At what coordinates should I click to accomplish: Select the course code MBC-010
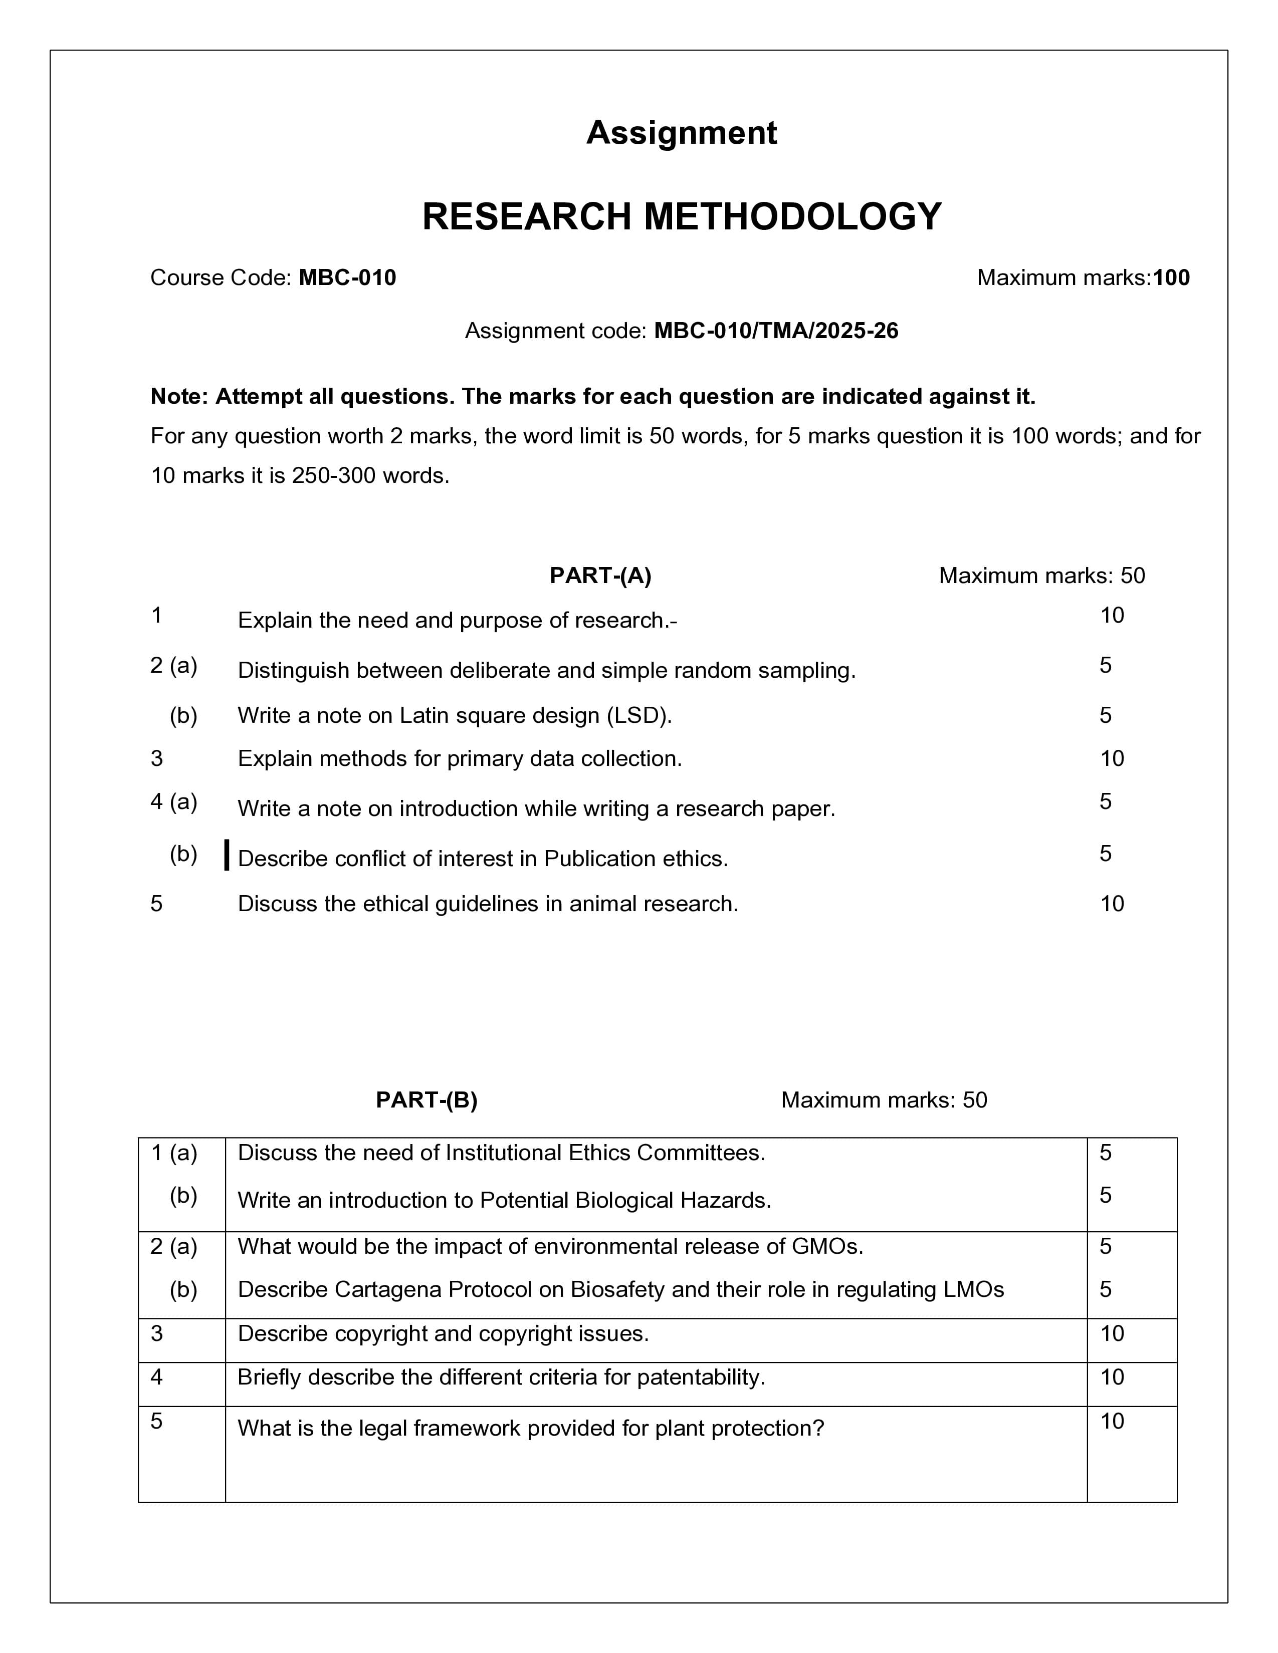click(x=347, y=278)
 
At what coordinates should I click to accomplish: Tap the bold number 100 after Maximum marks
click(x=1171, y=278)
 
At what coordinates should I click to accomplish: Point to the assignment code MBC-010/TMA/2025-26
click(x=775, y=331)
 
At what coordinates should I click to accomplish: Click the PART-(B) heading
click(x=427, y=1099)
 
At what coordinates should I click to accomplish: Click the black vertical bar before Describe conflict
click(x=227, y=855)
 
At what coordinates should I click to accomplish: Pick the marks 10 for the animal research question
click(x=1112, y=904)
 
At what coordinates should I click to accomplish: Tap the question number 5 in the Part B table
click(x=157, y=1422)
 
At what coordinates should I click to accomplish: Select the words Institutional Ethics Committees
click(x=605, y=1153)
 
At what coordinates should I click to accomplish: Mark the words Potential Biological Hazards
click(x=624, y=1200)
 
